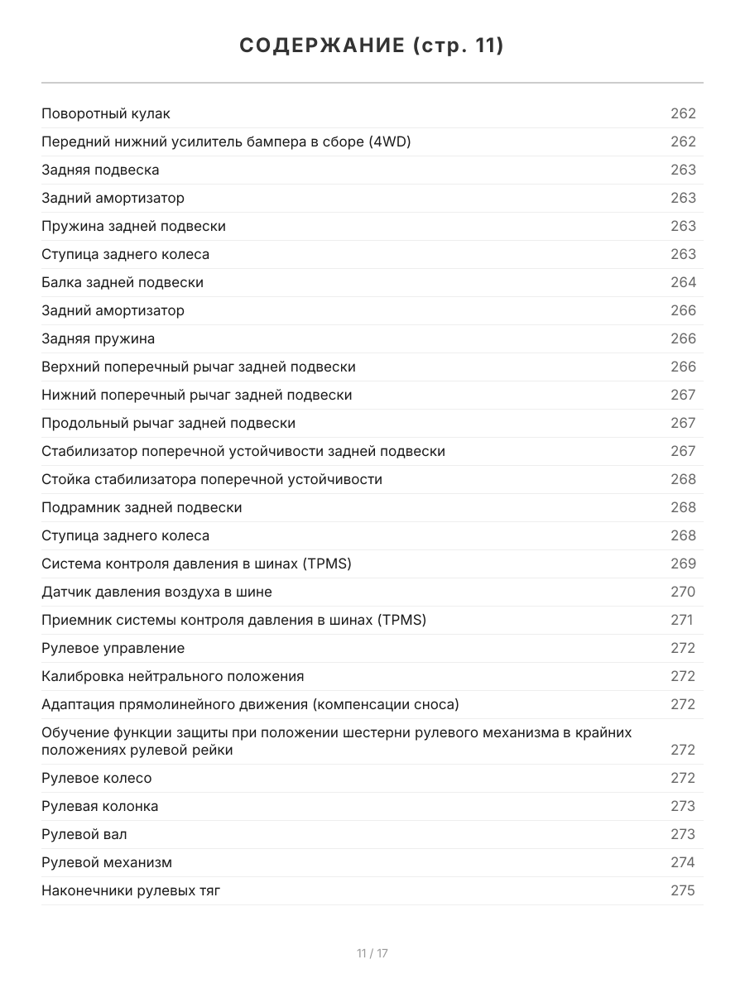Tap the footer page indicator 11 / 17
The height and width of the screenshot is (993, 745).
coord(372,953)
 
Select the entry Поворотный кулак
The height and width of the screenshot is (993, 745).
coord(106,113)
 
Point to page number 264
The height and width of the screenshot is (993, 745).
coord(683,282)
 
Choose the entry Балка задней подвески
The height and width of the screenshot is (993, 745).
coord(123,282)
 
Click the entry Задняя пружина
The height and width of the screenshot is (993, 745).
coord(98,338)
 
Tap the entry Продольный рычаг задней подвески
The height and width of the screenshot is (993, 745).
coord(168,423)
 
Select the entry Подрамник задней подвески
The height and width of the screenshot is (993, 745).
coord(142,507)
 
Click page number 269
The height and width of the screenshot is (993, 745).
coord(683,564)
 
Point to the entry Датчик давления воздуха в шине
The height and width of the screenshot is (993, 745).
coord(156,592)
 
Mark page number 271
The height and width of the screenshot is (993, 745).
coord(681,620)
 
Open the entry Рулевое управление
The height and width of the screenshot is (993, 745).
coord(113,648)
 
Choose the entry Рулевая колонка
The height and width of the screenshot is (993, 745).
coord(99,806)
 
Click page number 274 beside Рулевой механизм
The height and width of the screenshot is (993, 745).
coord(683,862)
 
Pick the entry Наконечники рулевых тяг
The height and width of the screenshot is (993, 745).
coord(131,890)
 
